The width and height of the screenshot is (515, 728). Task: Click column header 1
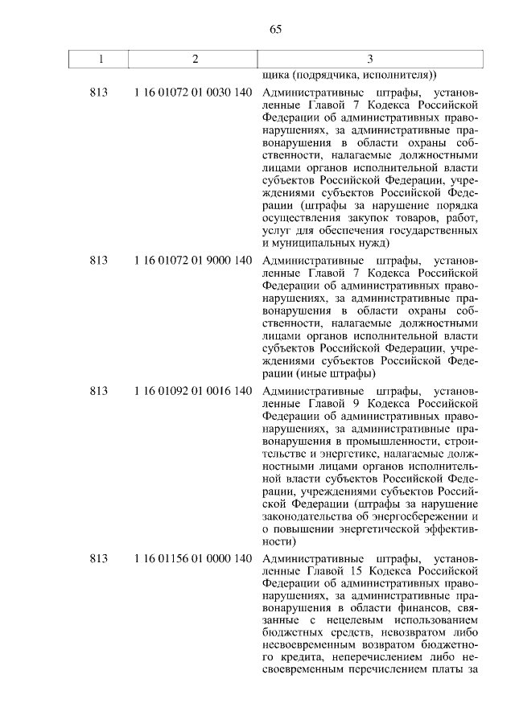pyautogui.click(x=99, y=59)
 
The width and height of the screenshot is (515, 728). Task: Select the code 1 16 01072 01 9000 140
pyautogui.click(x=194, y=261)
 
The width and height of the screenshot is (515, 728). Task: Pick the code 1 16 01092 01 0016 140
pyautogui.click(x=194, y=391)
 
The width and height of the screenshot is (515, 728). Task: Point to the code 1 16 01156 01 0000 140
pyautogui.click(x=194, y=557)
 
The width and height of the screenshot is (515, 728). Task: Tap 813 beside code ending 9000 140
pyautogui.click(x=99, y=261)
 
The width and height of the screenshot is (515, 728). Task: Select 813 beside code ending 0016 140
pyautogui.click(x=99, y=391)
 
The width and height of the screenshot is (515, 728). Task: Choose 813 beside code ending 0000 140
pyautogui.click(x=99, y=557)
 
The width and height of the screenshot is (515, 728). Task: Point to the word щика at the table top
pyautogui.click(x=275, y=77)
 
